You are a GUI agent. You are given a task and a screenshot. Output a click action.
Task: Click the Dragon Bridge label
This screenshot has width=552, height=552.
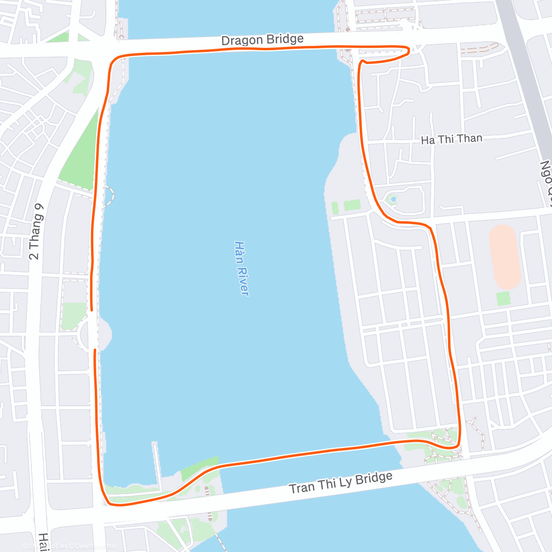[x=262, y=40]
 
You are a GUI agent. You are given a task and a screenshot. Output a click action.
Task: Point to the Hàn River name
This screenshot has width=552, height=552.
[x=241, y=268]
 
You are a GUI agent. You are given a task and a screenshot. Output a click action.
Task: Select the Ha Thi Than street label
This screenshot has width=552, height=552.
[x=452, y=139]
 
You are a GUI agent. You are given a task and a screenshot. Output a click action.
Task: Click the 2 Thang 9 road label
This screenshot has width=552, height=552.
[x=36, y=231]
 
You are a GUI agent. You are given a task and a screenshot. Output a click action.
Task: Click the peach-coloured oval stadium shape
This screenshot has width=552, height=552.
[x=505, y=257]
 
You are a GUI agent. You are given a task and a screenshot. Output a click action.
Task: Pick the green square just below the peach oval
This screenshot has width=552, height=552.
[x=504, y=298]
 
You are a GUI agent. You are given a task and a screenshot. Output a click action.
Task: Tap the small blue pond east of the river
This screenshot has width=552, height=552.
[x=393, y=199]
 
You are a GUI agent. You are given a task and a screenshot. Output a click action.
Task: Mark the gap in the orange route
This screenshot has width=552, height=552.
[x=94, y=330]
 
